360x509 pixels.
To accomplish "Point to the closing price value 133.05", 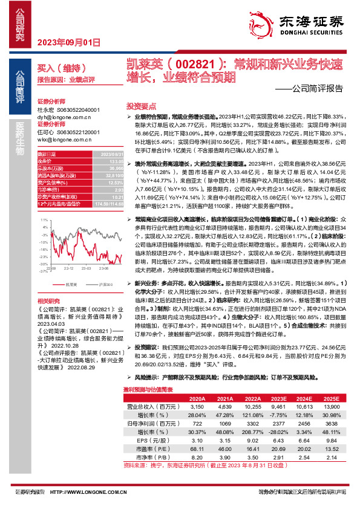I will click(x=110, y=161).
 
